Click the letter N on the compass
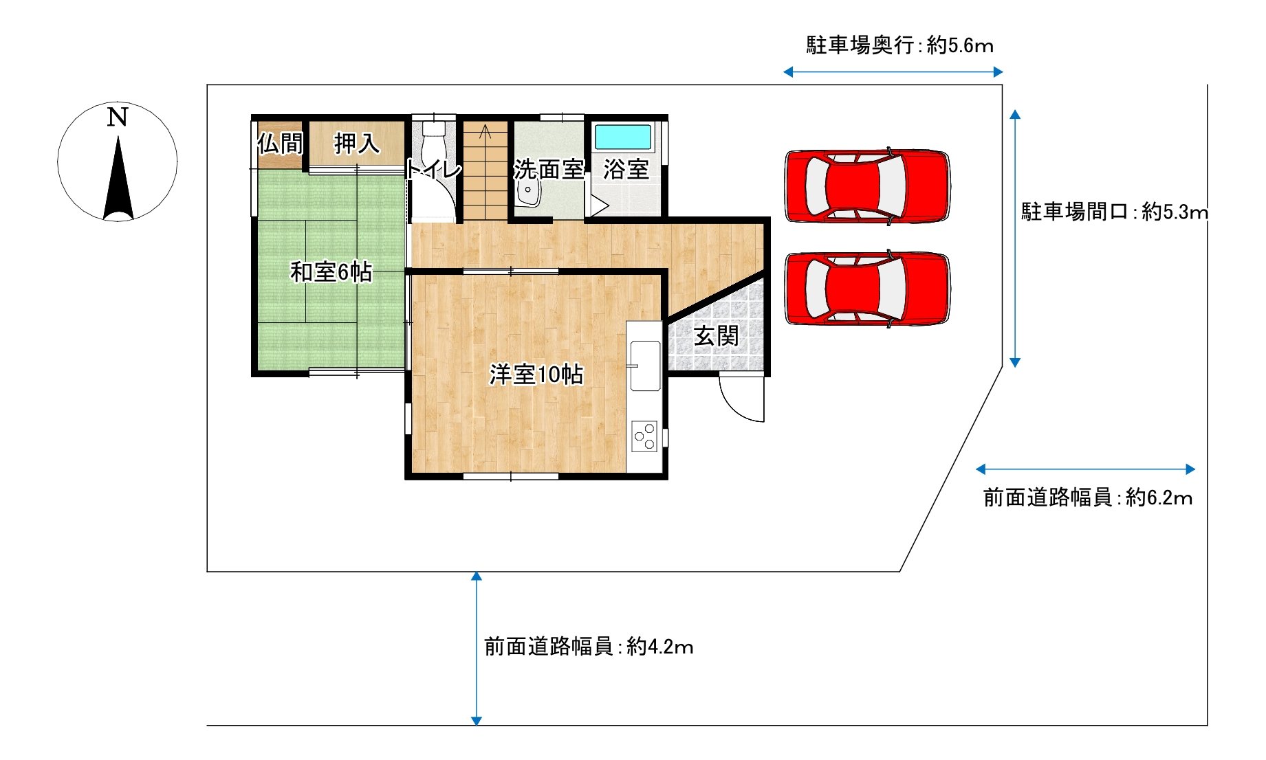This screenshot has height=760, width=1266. tap(118, 117)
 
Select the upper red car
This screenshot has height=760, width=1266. tap(867, 186)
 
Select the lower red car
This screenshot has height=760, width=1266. tap(867, 288)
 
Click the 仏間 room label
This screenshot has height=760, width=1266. tap(280, 144)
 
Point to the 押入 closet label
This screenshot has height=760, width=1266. tap(357, 143)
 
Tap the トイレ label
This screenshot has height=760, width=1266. tap(433, 168)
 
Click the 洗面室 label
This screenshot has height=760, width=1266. tap(549, 169)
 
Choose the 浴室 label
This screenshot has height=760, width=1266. tap(626, 169)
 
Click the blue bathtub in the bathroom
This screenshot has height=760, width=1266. tap(623, 137)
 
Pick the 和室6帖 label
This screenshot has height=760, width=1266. tap(331, 271)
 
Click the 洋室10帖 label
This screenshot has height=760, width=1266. tap(536, 374)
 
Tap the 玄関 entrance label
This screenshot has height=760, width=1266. tap(716, 336)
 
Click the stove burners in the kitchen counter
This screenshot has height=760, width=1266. tap(645, 436)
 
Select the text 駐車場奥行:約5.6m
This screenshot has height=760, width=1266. tap(899, 45)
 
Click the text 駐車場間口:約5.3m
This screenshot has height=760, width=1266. tap(1114, 212)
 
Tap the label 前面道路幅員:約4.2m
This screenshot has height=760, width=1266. tap(589, 647)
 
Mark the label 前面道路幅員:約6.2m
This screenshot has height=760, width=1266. tap(1088, 497)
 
